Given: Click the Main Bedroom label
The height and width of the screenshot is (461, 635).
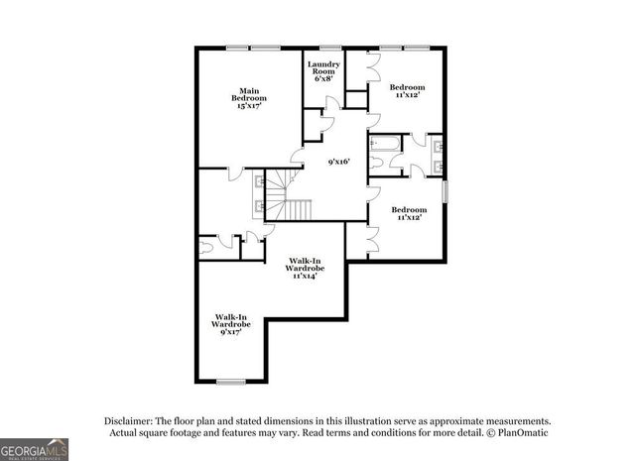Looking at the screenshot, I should (249, 98).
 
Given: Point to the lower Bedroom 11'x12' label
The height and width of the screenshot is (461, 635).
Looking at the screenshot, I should (408, 213).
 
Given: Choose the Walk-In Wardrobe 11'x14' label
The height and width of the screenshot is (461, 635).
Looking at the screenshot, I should (305, 268).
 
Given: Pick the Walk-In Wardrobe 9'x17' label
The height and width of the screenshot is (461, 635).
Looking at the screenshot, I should (229, 324).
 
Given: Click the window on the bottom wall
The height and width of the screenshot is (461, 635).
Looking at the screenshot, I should (231, 382).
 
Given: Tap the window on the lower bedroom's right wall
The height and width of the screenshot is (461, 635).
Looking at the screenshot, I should (444, 190).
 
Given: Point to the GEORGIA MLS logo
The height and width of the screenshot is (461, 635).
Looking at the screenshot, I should (35, 448).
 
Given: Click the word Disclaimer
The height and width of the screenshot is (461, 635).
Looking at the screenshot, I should (126, 420).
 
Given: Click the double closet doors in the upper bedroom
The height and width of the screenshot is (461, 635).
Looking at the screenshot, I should (372, 66).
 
